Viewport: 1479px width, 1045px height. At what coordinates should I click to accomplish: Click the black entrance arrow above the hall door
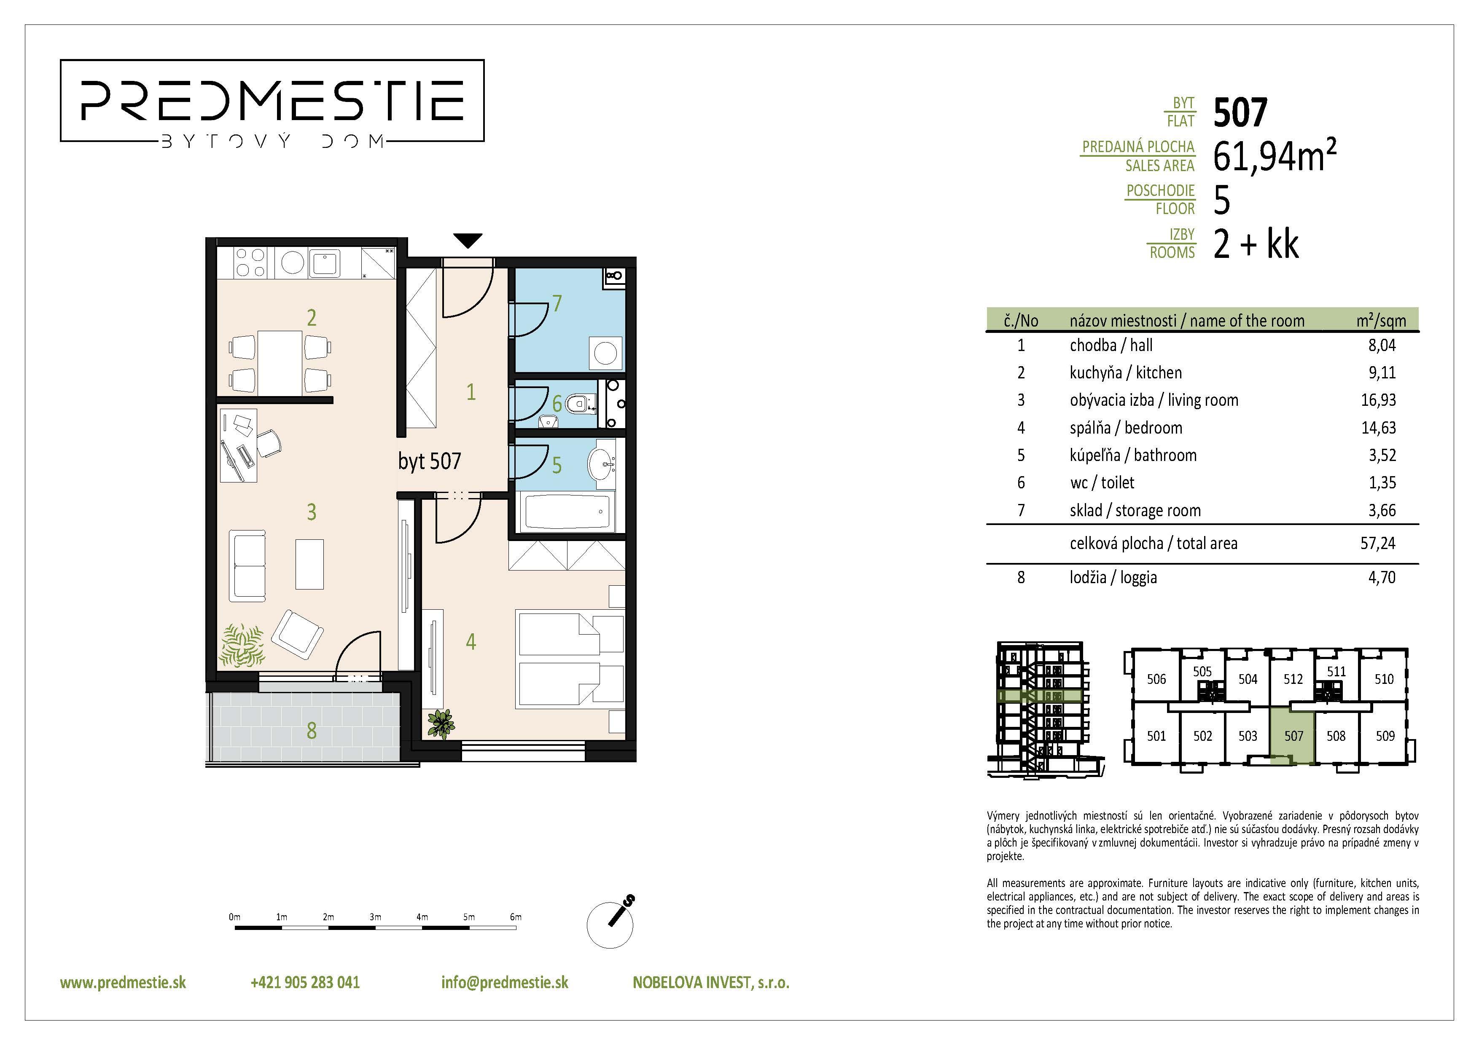[x=468, y=241]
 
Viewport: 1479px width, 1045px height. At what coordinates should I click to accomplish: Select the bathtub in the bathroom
[x=567, y=512]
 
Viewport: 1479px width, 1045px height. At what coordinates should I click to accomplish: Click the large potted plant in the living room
[x=243, y=645]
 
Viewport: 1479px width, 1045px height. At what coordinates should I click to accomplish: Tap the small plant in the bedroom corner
[x=441, y=723]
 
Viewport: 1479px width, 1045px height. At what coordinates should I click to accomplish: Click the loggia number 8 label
[x=312, y=730]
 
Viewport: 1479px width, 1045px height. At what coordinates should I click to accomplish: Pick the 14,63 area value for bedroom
[x=1378, y=428]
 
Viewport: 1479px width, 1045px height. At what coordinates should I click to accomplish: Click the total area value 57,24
[x=1378, y=543]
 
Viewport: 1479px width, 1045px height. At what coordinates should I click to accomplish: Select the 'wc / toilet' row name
[x=1102, y=482]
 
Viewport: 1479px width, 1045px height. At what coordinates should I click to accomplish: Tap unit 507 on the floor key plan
[x=1293, y=735]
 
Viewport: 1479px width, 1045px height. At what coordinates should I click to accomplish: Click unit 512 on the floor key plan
[x=1293, y=679]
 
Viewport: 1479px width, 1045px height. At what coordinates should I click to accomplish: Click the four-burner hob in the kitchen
[x=250, y=263]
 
